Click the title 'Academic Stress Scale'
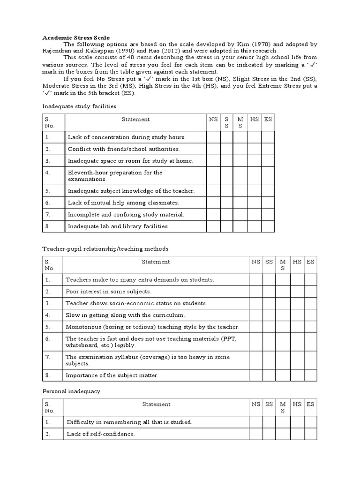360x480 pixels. coord(76,37)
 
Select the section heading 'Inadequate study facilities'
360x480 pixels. coord(79,106)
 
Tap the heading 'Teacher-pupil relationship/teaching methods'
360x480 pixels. coord(105,248)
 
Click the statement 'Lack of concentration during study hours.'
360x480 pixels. coord(127,137)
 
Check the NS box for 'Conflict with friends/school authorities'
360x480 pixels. coord(213,149)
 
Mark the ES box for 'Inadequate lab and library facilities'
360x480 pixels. coord(268,226)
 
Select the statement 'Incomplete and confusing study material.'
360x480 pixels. coord(126,215)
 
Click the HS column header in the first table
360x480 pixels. coord(255,120)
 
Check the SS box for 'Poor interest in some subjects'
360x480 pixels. coord(269,292)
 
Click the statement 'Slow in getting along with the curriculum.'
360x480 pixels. coord(125,315)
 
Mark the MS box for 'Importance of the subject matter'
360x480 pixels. coord(283,375)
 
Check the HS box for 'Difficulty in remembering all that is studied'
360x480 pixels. coord(297,422)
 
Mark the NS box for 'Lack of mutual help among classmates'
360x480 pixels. coord(213,203)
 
